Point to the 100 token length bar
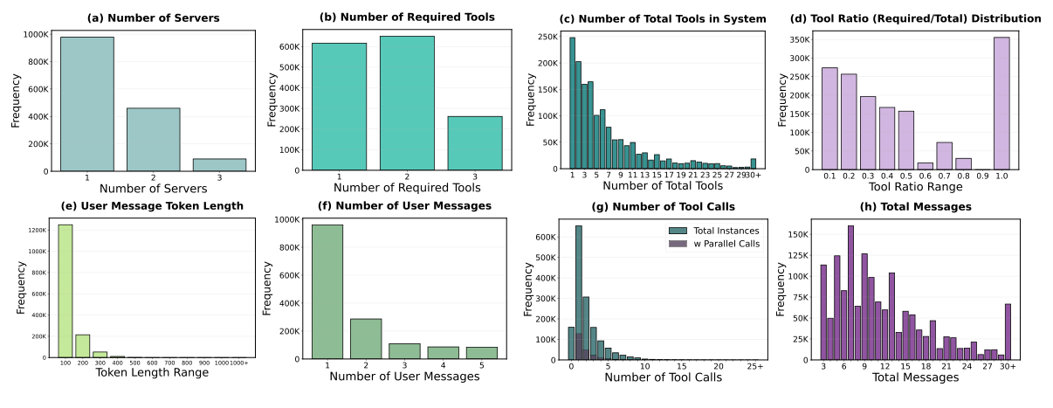tap(65, 291)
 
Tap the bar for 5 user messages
tap(480, 352)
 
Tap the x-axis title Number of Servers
tap(154, 187)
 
